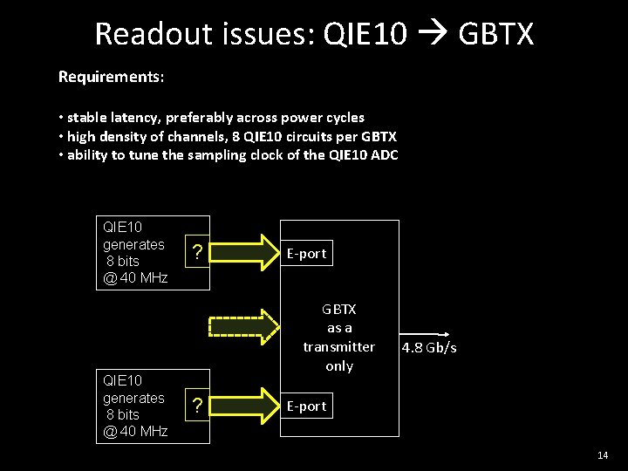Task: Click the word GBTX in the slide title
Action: (495, 35)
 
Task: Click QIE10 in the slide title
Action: (364, 35)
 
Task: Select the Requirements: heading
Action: (111, 77)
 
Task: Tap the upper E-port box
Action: (306, 254)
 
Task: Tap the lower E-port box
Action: (306, 406)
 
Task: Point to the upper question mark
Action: (198, 253)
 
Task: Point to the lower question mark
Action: (198, 406)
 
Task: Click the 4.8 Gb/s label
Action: (429, 349)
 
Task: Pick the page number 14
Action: (603, 456)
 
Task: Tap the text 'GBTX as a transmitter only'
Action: (339, 338)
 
